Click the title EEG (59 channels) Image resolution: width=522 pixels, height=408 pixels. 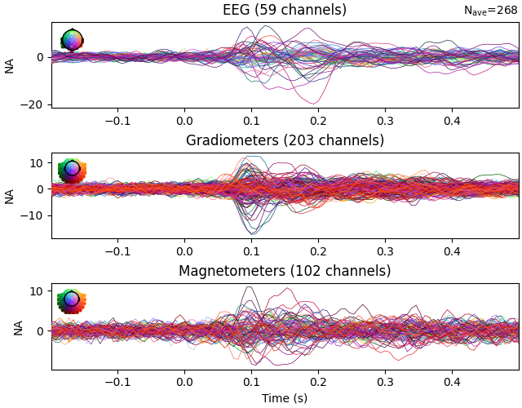point(285,10)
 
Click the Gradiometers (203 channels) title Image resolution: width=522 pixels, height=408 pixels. point(285,140)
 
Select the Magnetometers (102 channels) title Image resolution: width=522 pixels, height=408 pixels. point(285,271)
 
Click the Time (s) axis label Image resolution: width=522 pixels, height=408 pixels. point(285,398)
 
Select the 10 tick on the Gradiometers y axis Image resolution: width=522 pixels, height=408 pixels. point(38,162)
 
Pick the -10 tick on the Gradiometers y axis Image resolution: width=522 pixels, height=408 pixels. point(35,215)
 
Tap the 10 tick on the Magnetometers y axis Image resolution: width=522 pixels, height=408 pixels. point(38,291)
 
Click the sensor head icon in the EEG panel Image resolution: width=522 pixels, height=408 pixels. point(72,39)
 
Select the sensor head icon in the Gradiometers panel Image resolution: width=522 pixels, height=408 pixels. point(72,170)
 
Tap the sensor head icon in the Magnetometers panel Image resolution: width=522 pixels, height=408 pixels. point(72,300)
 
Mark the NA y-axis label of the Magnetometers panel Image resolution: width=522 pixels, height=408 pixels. point(11,326)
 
